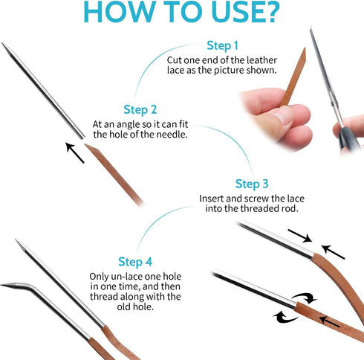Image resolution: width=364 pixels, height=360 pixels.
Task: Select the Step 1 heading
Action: (222, 46)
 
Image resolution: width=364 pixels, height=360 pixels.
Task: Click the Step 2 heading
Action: (140, 110)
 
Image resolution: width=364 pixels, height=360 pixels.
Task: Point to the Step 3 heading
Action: (252, 184)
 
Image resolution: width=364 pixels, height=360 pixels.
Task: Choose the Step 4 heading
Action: (135, 262)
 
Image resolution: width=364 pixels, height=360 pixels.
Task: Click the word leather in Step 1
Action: (261, 60)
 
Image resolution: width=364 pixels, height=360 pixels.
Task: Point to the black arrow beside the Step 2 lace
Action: (75, 152)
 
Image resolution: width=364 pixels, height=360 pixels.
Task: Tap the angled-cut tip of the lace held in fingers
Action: (304, 50)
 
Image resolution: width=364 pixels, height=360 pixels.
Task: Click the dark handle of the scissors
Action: (348, 138)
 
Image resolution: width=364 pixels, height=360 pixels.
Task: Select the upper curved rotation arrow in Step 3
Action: (305, 298)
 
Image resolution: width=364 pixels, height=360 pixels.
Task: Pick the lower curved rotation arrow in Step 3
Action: (285, 317)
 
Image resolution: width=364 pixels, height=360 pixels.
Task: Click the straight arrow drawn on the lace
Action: (329, 321)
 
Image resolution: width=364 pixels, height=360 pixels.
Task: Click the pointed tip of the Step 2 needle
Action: (2, 43)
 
